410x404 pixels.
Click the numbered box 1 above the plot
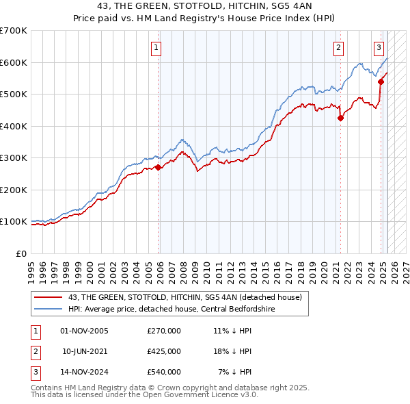pyautogui.click(x=156, y=48)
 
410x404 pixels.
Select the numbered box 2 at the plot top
pyautogui.click(x=338, y=48)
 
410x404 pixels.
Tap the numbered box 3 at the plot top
pyautogui.click(x=379, y=48)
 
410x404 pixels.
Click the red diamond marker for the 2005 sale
pyautogui.click(x=159, y=167)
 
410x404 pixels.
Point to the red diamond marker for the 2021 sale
pyautogui.click(x=341, y=118)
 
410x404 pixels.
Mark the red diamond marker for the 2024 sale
pyautogui.click(x=381, y=81)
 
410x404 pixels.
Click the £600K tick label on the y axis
pyautogui.click(x=14, y=62)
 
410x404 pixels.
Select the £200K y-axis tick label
pyautogui.click(x=14, y=190)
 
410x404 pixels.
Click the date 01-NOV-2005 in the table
pyautogui.click(x=84, y=331)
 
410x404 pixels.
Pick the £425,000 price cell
pyautogui.click(x=164, y=351)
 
